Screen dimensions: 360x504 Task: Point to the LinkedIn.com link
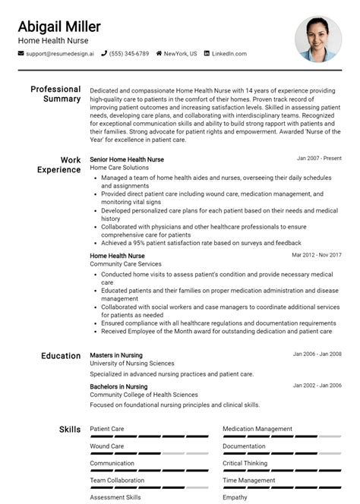tap(229, 54)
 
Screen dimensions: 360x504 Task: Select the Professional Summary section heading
tap(55, 94)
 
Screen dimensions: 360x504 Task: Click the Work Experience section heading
tap(59, 165)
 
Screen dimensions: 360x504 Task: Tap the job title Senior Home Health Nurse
tap(127, 159)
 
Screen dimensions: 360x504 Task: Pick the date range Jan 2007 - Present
tap(319, 159)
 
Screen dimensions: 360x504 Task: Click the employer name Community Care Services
tap(126, 264)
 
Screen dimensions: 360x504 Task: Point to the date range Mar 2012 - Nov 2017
tap(316, 256)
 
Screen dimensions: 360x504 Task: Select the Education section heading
tap(61, 355)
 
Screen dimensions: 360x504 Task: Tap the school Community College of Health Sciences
tap(144, 395)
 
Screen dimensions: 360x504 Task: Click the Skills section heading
tap(70, 430)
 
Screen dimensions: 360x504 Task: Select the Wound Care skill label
tap(106, 446)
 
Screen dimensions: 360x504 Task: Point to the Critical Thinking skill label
tap(245, 463)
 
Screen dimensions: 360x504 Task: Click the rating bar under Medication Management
tap(282, 437)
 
